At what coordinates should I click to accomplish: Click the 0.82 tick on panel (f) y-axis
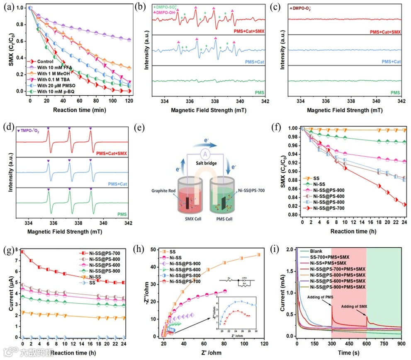(293, 206)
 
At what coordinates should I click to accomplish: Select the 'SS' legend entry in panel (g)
(97, 283)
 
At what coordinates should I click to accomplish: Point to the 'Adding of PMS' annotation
(318, 297)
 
